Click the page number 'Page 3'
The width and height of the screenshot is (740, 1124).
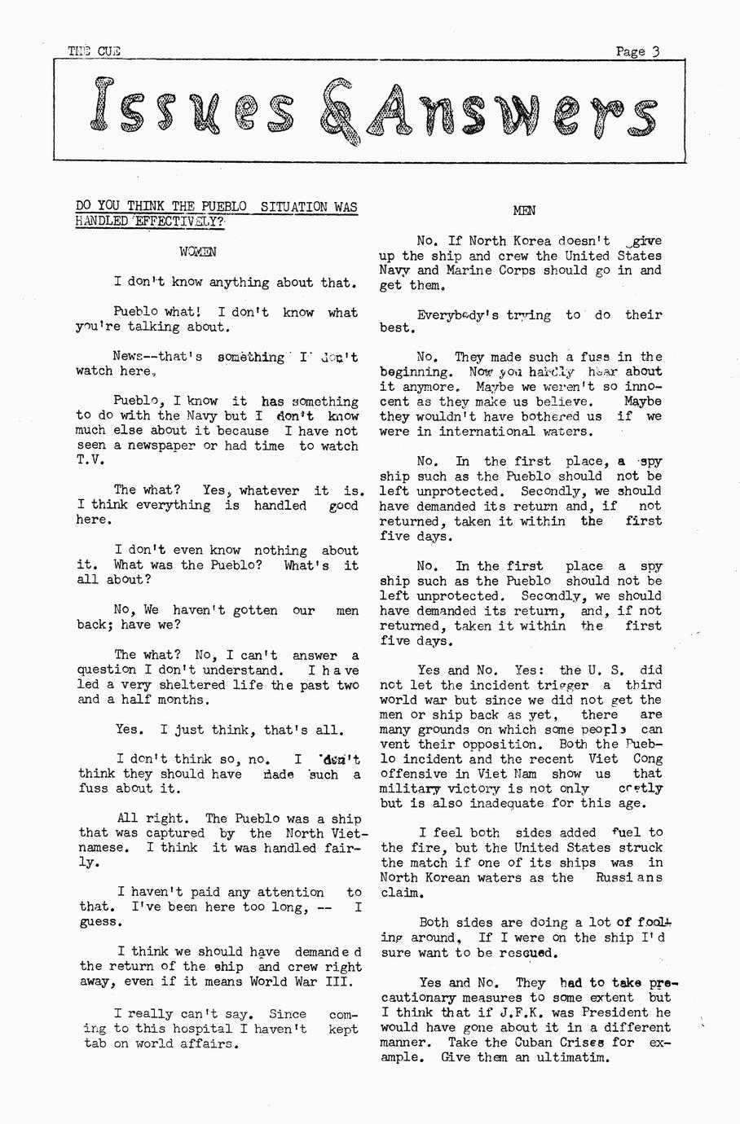(637, 51)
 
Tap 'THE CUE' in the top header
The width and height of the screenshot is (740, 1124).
(94, 50)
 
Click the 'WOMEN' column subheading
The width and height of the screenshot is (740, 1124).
(198, 252)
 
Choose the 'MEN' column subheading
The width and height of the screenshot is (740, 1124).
(524, 211)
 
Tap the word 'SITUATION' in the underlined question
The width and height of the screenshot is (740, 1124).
(291, 207)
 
